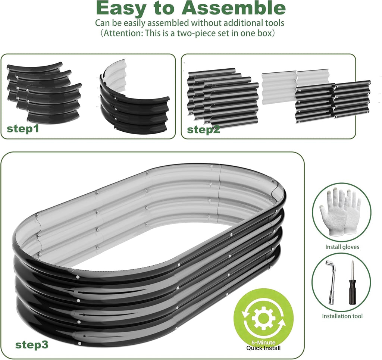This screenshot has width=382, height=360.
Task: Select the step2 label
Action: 203,129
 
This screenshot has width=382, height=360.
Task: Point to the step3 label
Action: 32,345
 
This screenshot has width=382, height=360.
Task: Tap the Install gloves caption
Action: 342,247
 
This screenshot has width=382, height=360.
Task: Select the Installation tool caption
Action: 342,316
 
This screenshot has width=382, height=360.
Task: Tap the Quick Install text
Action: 263,348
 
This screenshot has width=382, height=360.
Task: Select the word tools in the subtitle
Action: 273,23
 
